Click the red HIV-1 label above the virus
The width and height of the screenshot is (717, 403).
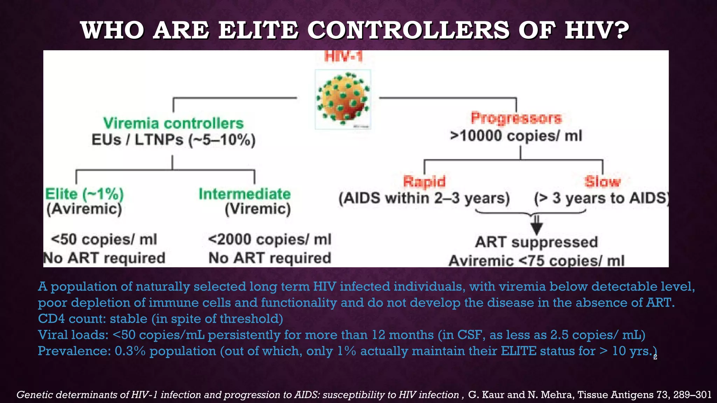(x=343, y=56)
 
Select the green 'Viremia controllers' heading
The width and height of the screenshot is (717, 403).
(x=173, y=123)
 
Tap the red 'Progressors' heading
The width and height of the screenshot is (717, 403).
(x=516, y=118)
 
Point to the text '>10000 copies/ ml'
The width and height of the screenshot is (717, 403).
(x=516, y=136)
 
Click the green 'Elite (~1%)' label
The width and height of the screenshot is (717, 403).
(x=84, y=194)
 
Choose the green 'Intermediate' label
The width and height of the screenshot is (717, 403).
(x=245, y=194)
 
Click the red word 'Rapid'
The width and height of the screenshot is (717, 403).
(x=424, y=182)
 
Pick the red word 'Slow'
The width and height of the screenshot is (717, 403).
(x=603, y=182)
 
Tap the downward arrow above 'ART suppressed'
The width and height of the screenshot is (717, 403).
(x=536, y=226)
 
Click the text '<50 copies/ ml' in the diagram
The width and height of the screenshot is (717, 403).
(x=104, y=240)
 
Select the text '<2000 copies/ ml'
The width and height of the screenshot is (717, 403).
(x=270, y=240)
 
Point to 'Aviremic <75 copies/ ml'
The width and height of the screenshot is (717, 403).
(x=536, y=261)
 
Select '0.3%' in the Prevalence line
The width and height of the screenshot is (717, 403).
(x=130, y=351)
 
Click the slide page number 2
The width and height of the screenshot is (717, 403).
(x=655, y=357)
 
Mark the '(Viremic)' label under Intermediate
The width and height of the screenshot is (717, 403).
(x=258, y=209)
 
